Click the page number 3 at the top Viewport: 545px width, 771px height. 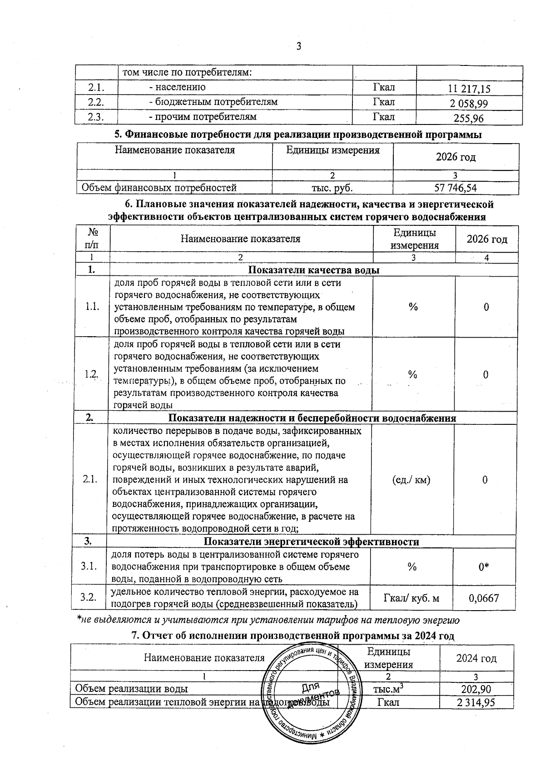click(x=299, y=46)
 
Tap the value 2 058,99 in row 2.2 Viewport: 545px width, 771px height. click(x=469, y=104)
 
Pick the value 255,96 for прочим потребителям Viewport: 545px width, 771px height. click(x=469, y=119)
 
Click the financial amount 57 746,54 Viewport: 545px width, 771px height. click(x=456, y=188)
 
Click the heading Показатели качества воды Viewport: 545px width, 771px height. click(x=314, y=270)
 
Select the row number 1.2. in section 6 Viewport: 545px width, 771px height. click(x=91, y=374)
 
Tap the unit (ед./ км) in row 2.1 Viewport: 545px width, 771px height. click(x=411, y=480)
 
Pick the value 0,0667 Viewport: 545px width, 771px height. click(x=484, y=598)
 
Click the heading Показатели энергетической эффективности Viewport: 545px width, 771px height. click(x=311, y=542)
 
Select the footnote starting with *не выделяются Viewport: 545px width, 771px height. click(x=268, y=620)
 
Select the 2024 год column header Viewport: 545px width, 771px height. click(x=476, y=658)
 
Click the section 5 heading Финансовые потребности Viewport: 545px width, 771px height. click(x=297, y=135)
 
